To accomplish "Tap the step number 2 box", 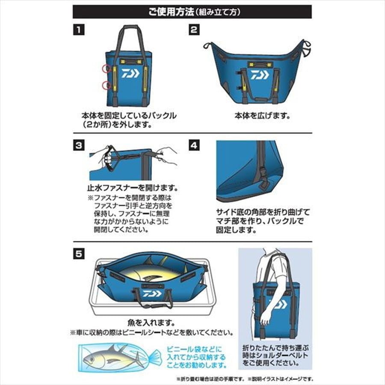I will tap(194, 30).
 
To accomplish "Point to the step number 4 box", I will tap(194, 145).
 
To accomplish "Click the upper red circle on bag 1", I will tap(105, 68).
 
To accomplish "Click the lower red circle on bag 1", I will tap(105, 86).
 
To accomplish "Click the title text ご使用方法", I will tap(170, 11).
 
